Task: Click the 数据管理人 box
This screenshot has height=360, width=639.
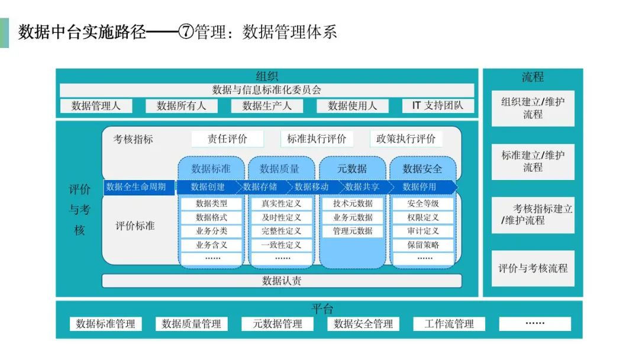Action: (x=96, y=106)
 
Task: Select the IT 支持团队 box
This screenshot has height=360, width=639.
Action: (x=438, y=105)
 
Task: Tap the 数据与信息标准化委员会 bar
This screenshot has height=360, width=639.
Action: (x=267, y=90)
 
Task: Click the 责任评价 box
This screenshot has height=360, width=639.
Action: (x=227, y=139)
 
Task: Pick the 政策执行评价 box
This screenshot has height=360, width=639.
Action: (x=406, y=139)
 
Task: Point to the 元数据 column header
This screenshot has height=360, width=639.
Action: (x=352, y=168)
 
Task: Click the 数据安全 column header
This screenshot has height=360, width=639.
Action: (x=422, y=168)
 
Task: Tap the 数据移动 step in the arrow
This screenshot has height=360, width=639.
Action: (x=311, y=187)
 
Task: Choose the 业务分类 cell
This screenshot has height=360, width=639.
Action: (x=211, y=231)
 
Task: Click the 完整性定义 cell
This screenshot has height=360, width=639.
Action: (x=282, y=231)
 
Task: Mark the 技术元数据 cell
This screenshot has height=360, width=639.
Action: (x=353, y=204)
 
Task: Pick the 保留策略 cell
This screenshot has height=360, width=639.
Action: (x=423, y=245)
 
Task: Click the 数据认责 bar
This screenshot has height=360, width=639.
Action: (x=282, y=281)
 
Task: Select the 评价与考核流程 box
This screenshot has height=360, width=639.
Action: (x=533, y=268)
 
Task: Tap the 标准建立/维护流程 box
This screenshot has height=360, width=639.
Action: (x=533, y=162)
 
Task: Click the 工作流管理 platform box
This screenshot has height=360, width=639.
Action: (x=449, y=324)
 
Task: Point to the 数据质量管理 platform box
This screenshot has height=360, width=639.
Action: (x=192, y=324)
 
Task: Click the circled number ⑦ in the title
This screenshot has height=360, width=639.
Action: (x=186, y=32)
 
